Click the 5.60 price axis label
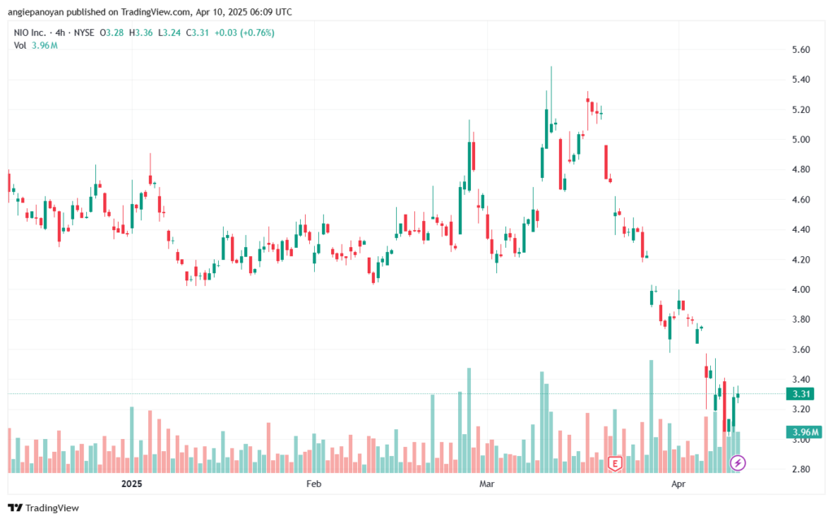click(x=800, y=50)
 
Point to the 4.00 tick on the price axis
click(x=800, y=289)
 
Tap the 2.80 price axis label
click(x=800, y=470)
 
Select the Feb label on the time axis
click(x=314, y=484)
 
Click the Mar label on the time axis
click(x=486, y=484)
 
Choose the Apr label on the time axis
click(x=678, y=484)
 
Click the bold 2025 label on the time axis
click(x=132, y=484)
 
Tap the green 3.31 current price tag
click(x=800, y=393)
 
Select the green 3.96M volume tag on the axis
click(x=802, y=432)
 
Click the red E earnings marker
click(x=615, y=464)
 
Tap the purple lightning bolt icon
click(x=737, y=463)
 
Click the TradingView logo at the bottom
click(x=44, y=508)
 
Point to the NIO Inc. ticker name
click(x=30, y=33)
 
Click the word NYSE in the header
click(x=84, y=33)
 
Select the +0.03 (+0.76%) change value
click(x=244, y=33)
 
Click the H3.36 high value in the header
click(x=141, y=33)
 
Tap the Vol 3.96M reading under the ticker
click(x=36, y=46)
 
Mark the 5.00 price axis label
click(x=800, y=140)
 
